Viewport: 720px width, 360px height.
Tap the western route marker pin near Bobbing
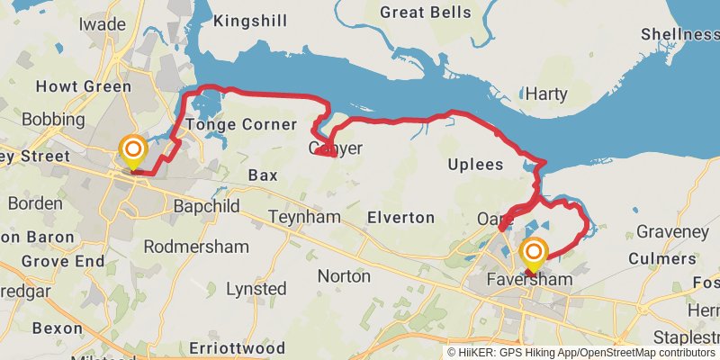[x=133, y=151]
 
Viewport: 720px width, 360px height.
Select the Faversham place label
[x=529, y=280]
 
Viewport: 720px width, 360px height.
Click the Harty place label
[x=545, y=94]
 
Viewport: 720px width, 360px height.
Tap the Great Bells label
[x=426, y=13]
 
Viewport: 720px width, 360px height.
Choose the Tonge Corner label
[x=241, y=124]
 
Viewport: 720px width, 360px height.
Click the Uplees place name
[x=475, y=164]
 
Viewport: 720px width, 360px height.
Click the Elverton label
[x=400, y=218]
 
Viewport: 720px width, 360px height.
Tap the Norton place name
[x=344, y=276]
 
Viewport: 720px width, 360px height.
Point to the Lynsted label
[x=256, y=289]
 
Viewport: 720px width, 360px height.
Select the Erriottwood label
[x=238, y=347]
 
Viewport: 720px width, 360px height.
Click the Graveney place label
[x=672, y=232]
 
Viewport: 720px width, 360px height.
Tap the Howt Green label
[x=83, y=86]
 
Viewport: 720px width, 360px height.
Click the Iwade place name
[x=103, y=24]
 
